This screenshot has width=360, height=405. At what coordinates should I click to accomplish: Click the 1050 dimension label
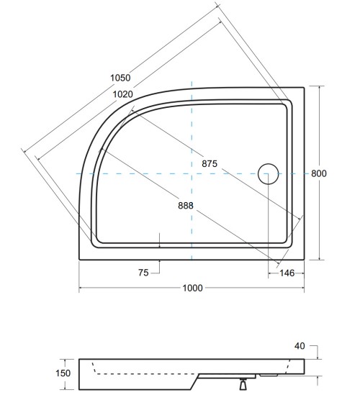(x=122, y=78)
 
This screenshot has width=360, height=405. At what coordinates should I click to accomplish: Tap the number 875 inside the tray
(x=210, y=164)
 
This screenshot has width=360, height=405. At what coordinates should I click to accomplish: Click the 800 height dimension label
(x=319, y=173)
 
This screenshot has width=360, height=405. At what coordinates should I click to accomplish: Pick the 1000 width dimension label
(x=192, y=288)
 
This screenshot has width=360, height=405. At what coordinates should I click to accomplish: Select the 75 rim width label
(x=143, y=272)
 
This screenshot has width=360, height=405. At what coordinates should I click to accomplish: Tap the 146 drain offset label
(x=287, y=272)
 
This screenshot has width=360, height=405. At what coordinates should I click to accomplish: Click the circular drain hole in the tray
(x=268, y=173)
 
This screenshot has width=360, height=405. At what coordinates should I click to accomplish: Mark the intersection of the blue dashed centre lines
(x=192, y=173)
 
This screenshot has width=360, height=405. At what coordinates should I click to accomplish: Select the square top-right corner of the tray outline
(x=303, y=87)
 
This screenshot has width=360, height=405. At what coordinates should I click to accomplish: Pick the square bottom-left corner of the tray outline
(x=78, y=259)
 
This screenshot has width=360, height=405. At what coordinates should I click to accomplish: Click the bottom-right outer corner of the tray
(x=303, y=259)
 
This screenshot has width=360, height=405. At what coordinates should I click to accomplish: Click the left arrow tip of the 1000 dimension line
(x=79, y=288)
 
